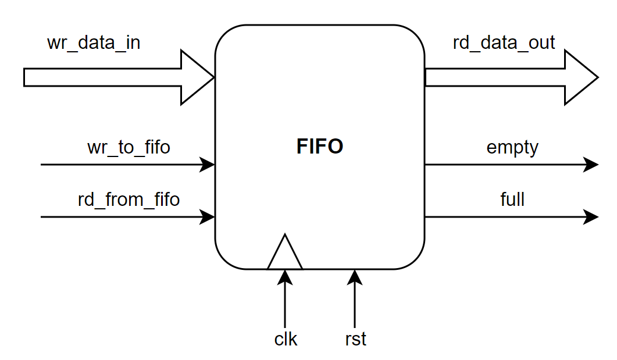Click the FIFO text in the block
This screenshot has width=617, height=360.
coord(320,147)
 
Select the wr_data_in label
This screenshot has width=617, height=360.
coord(94,43)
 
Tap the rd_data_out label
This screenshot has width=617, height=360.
coord(504,42)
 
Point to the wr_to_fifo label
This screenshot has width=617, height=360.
coord(129,147)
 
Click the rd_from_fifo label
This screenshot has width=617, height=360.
coord(129,199)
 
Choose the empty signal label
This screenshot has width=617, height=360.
coord(512,147)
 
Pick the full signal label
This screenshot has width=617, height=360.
coord(512,199)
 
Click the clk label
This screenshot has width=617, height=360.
coord(286,339)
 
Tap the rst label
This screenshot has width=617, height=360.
coord(355,339)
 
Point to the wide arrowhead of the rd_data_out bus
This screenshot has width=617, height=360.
coord(581,77)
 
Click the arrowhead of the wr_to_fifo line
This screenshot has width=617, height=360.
coord(208,165)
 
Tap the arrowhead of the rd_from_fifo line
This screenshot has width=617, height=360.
coord(208,217)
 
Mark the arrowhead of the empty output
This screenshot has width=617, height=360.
coord(591,165)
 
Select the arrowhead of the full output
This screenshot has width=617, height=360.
coord(591,217)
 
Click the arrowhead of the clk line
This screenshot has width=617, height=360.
coord(285,277)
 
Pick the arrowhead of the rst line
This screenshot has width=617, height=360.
coord(355,277)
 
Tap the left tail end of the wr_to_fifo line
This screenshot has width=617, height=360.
coord(42,165)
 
